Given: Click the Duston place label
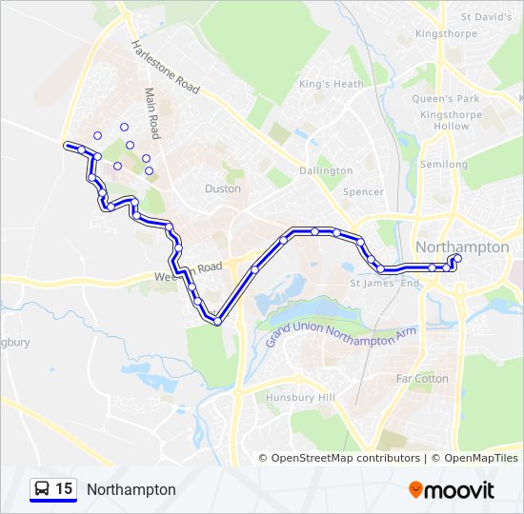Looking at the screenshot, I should [x=223, y=188].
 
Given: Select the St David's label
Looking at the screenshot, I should [x=486, y=17].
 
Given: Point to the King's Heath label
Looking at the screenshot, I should [x=332, y=84].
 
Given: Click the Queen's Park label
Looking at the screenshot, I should [x=445, y=98].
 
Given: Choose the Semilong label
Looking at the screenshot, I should [x=444, y=165].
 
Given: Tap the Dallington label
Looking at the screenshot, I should [x=326, y=170].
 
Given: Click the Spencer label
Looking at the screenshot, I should [x=363, y=191].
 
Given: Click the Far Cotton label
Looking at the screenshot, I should [x=422, y=378].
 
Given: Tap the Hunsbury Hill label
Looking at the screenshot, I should [x=301, y=397].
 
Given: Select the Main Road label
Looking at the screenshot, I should [x=152, y=112].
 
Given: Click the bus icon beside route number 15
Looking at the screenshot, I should [x=42, y=489].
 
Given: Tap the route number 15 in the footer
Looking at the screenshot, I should [x=64, y=489].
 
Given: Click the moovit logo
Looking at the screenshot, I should [x=452, y=490].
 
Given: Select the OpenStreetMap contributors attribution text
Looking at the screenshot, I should [x=345, y=458].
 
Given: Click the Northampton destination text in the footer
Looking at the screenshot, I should [x=131, y=489].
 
